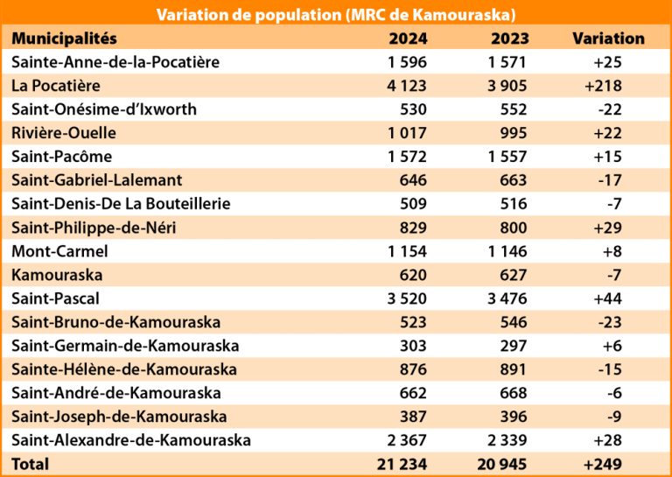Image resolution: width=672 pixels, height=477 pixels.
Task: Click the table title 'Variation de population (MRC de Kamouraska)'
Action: [335, 15]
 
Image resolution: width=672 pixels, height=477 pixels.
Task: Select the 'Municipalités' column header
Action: [65, 39]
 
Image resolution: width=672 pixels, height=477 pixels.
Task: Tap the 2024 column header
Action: [407, 39]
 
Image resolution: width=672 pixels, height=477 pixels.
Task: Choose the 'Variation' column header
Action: [608, 39]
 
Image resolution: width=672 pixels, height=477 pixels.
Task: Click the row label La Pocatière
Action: [56, 86]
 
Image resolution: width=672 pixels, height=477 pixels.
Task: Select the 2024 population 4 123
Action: [405, 86]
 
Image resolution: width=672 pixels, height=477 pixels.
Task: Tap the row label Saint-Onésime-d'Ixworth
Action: [104, 109]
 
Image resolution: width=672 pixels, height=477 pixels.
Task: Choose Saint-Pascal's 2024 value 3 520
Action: [405, 298]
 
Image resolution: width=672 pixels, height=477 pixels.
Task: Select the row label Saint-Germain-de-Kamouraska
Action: [125, 346]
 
